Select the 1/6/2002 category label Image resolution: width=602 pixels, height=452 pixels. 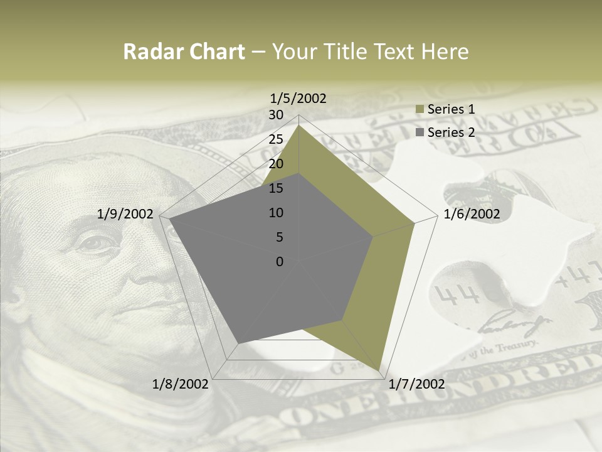(x=472, y=214)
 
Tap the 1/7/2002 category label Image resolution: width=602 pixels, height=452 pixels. (x=417, y=384)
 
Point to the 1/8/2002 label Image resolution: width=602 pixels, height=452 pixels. (x=181, y=384)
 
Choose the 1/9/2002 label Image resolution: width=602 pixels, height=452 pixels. (x=125, y=214)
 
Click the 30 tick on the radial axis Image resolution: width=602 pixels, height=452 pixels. (x=276, y=115)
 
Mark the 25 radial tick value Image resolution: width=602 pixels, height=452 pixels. (x=276, y=139)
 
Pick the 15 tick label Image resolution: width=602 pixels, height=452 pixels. (x=276, y=188)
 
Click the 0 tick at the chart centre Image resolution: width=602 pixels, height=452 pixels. (x=280, y=262)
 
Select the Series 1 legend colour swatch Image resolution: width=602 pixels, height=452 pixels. (x=420, y=109)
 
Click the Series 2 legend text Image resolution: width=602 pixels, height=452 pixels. (x=451, y=132)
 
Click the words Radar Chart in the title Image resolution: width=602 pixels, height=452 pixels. (x=184, y=52)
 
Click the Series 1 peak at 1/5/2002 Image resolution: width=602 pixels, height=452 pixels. (x=299, y=125)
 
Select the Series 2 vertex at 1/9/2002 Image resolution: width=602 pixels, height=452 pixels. (x=170, y=219)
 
